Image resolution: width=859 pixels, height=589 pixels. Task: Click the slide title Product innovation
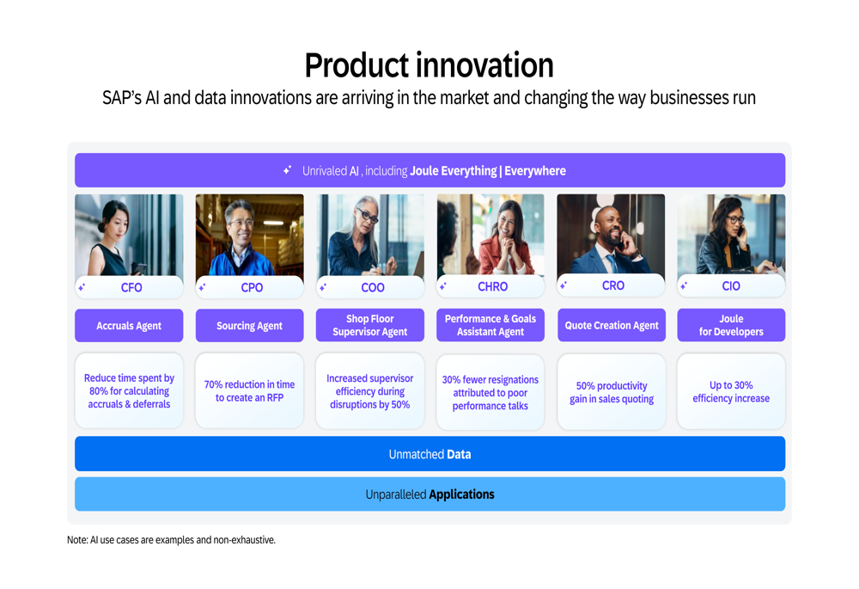point(429,65)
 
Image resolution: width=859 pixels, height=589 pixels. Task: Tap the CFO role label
point(131,287)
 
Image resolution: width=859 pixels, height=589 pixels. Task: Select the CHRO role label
point(492,286)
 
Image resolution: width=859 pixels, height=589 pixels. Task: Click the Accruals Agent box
point(129,325)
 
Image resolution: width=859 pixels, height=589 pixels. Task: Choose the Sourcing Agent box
point(249,325)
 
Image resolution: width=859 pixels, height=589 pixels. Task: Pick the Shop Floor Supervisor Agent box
point(369,325)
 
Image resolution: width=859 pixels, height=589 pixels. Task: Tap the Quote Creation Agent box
point(612,325)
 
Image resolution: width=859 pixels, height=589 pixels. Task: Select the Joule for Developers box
point(731,325)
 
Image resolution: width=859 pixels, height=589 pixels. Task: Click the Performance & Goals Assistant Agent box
point(490,325)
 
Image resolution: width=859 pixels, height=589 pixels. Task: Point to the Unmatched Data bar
point(430,453)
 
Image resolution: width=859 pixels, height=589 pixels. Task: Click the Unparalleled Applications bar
point(430,494)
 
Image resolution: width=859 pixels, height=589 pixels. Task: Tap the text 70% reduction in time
point(249,384)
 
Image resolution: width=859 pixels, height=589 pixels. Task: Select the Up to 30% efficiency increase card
point(731,391)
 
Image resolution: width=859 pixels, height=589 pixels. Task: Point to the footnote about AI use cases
point(171,540)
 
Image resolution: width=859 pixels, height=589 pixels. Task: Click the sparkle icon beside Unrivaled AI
point(288,170)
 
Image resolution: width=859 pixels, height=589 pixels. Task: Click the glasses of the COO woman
point(367,215)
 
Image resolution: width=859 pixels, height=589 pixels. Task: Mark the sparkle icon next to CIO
point(684,285)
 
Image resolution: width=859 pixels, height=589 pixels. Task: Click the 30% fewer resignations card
point(490,392)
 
